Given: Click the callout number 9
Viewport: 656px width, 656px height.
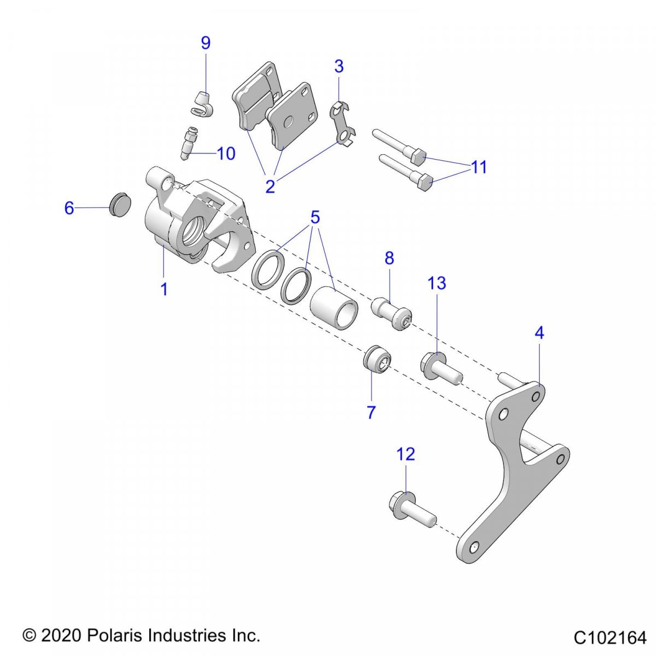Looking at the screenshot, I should coord(206,43).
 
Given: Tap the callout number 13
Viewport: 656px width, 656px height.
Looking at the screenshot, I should coord(437,283).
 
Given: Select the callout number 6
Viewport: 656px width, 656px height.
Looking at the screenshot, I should coord(69,208).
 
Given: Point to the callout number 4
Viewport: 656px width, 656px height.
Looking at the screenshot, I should coord(539,332).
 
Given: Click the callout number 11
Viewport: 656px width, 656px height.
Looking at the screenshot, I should coord(479,167).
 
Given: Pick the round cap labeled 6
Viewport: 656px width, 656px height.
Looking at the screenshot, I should coord(120,204).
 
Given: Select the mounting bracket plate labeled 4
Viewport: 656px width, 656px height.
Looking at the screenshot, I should coord(514,470).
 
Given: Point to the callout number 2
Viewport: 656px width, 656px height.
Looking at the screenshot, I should coord(270,186).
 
